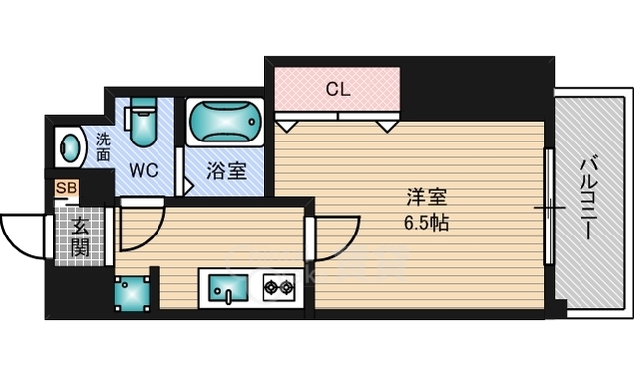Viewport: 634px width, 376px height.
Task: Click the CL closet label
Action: (x=338, y=89)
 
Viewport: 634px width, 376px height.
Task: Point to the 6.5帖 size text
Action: (x=425, y=223)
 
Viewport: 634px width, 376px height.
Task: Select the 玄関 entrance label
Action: (x=79, y=236)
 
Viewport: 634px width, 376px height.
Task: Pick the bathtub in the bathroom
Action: (x=225, y=124)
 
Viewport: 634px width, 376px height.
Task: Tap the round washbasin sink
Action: (x=71, y=148)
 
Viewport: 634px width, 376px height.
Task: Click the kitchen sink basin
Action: (x=228, y=291)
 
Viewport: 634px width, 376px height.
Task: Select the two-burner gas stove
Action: (x=277, y=289)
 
